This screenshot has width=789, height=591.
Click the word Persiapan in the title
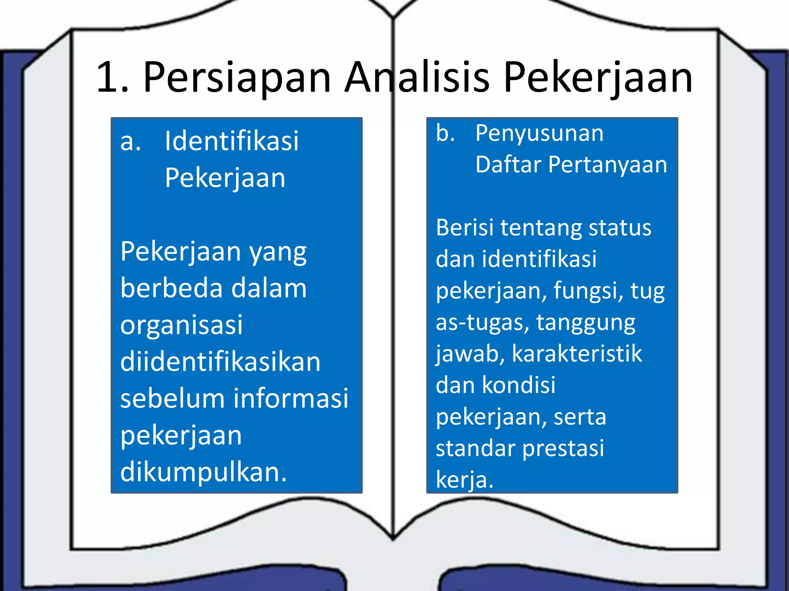point(237,78)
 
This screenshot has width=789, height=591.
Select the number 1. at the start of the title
point(112,78)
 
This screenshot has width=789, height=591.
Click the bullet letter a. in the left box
point(131,142)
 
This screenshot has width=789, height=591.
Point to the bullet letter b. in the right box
point(445,133)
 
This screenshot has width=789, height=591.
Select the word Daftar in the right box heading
point(509,165)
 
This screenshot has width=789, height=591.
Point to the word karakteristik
point(577,354)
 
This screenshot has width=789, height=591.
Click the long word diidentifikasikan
point(220,362)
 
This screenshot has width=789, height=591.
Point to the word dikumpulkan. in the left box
point(203,472)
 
